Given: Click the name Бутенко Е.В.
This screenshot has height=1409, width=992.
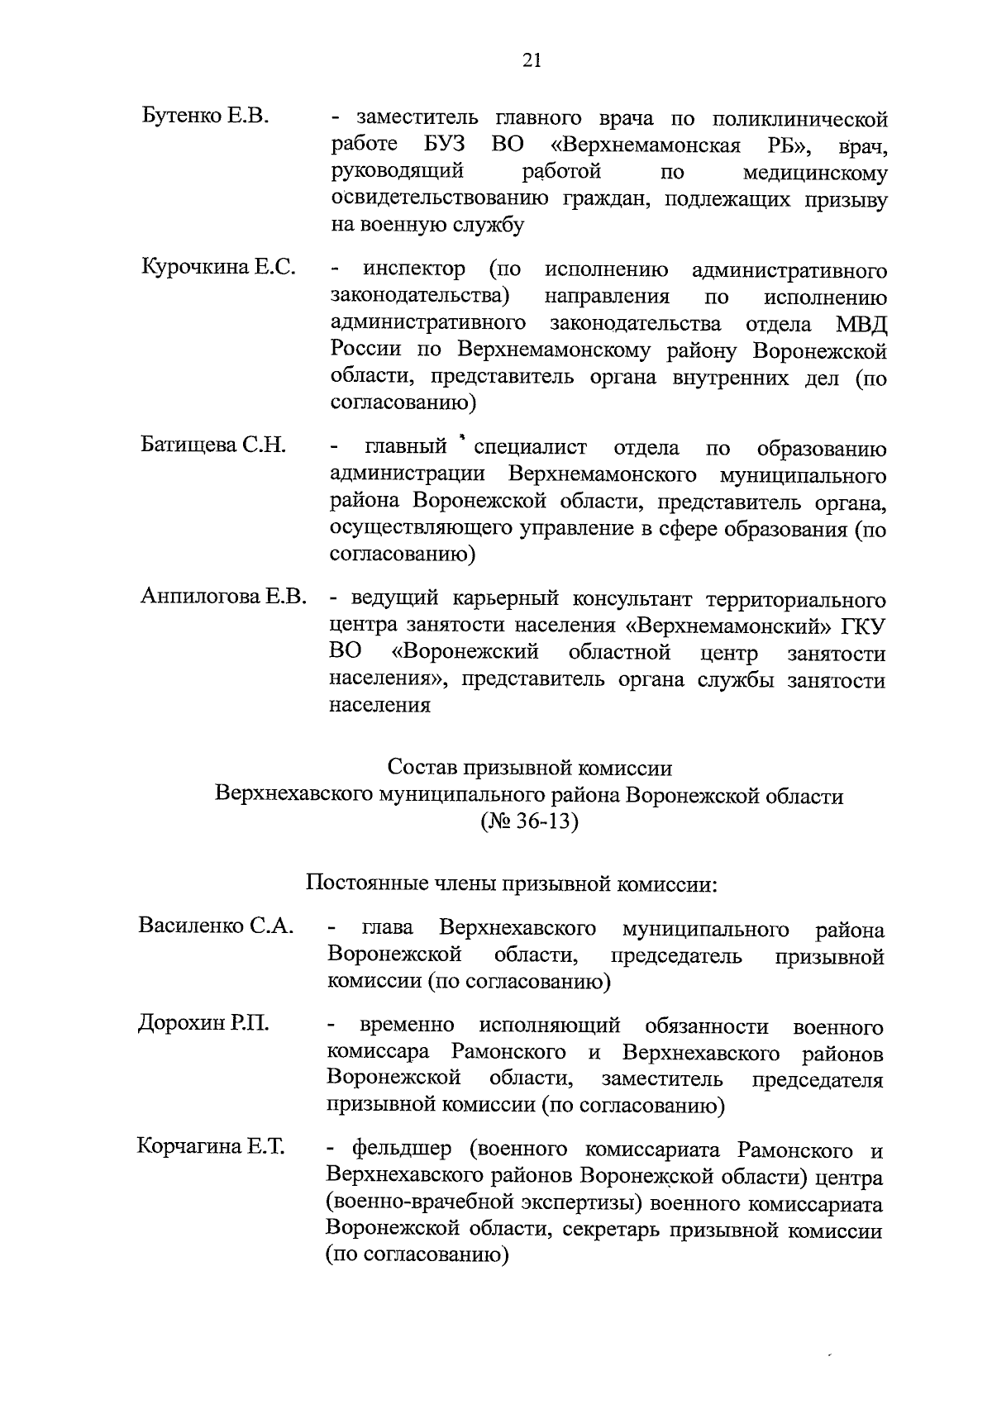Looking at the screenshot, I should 205,116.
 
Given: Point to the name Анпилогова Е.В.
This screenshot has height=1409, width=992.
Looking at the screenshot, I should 223,596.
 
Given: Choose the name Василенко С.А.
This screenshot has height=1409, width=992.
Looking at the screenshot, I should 216,926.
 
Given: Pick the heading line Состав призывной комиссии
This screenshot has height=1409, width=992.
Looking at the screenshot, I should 530,768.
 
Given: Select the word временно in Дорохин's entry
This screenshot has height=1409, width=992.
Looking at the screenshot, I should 407,1026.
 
